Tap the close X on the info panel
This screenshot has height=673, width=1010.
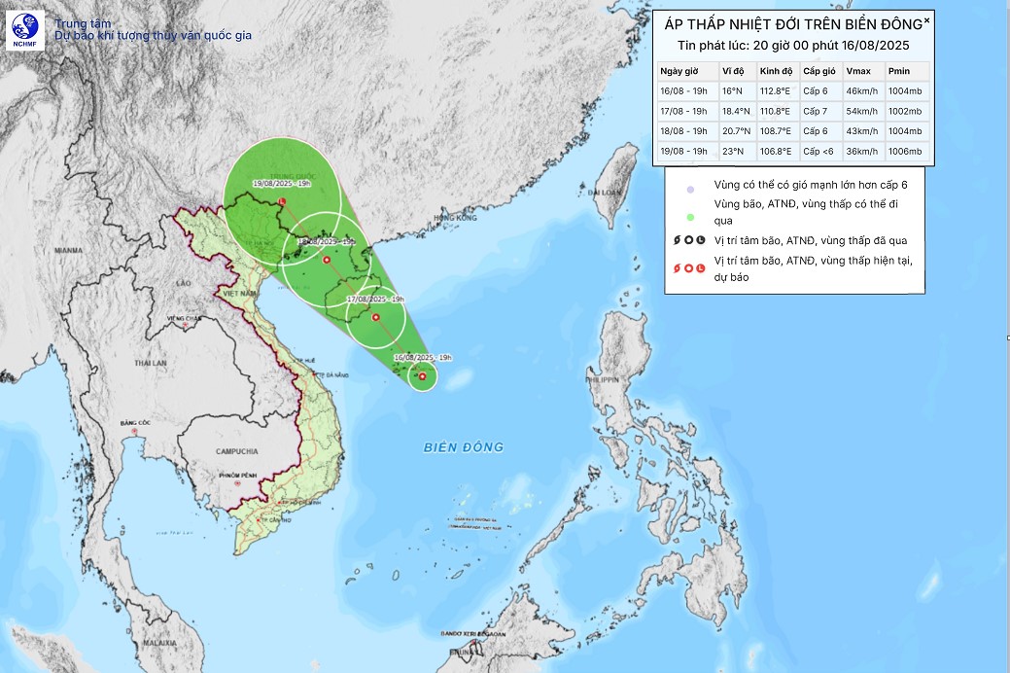pos(926,19)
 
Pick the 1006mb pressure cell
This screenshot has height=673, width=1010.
pos(901,151)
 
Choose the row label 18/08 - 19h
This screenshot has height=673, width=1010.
pos(683,131)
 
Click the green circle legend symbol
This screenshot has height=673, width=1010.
pos(689,218)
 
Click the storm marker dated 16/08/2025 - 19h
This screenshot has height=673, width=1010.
pos(422,376)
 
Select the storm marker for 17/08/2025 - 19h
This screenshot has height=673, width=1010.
pos(376,317)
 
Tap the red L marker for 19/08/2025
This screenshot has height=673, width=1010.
pos(282,201)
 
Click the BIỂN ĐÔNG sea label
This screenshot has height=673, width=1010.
pos(464,447)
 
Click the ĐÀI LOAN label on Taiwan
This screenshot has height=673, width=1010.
pos(607,193)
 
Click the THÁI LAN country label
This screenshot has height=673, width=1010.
pos(151,363)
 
